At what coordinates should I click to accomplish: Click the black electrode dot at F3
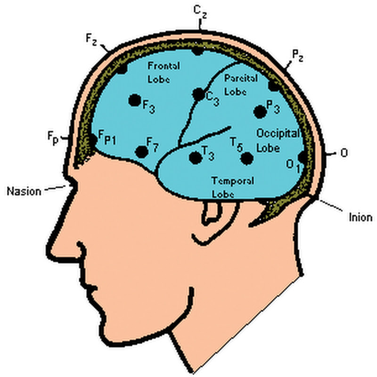[135, 100]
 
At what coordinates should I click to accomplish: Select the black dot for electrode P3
[259, 112]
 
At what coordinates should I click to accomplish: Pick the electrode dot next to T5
[246, 158]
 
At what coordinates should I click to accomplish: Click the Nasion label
[23, 191]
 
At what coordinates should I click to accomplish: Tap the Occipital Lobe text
[277, 140]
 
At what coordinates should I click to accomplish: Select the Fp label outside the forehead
[53, 137]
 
